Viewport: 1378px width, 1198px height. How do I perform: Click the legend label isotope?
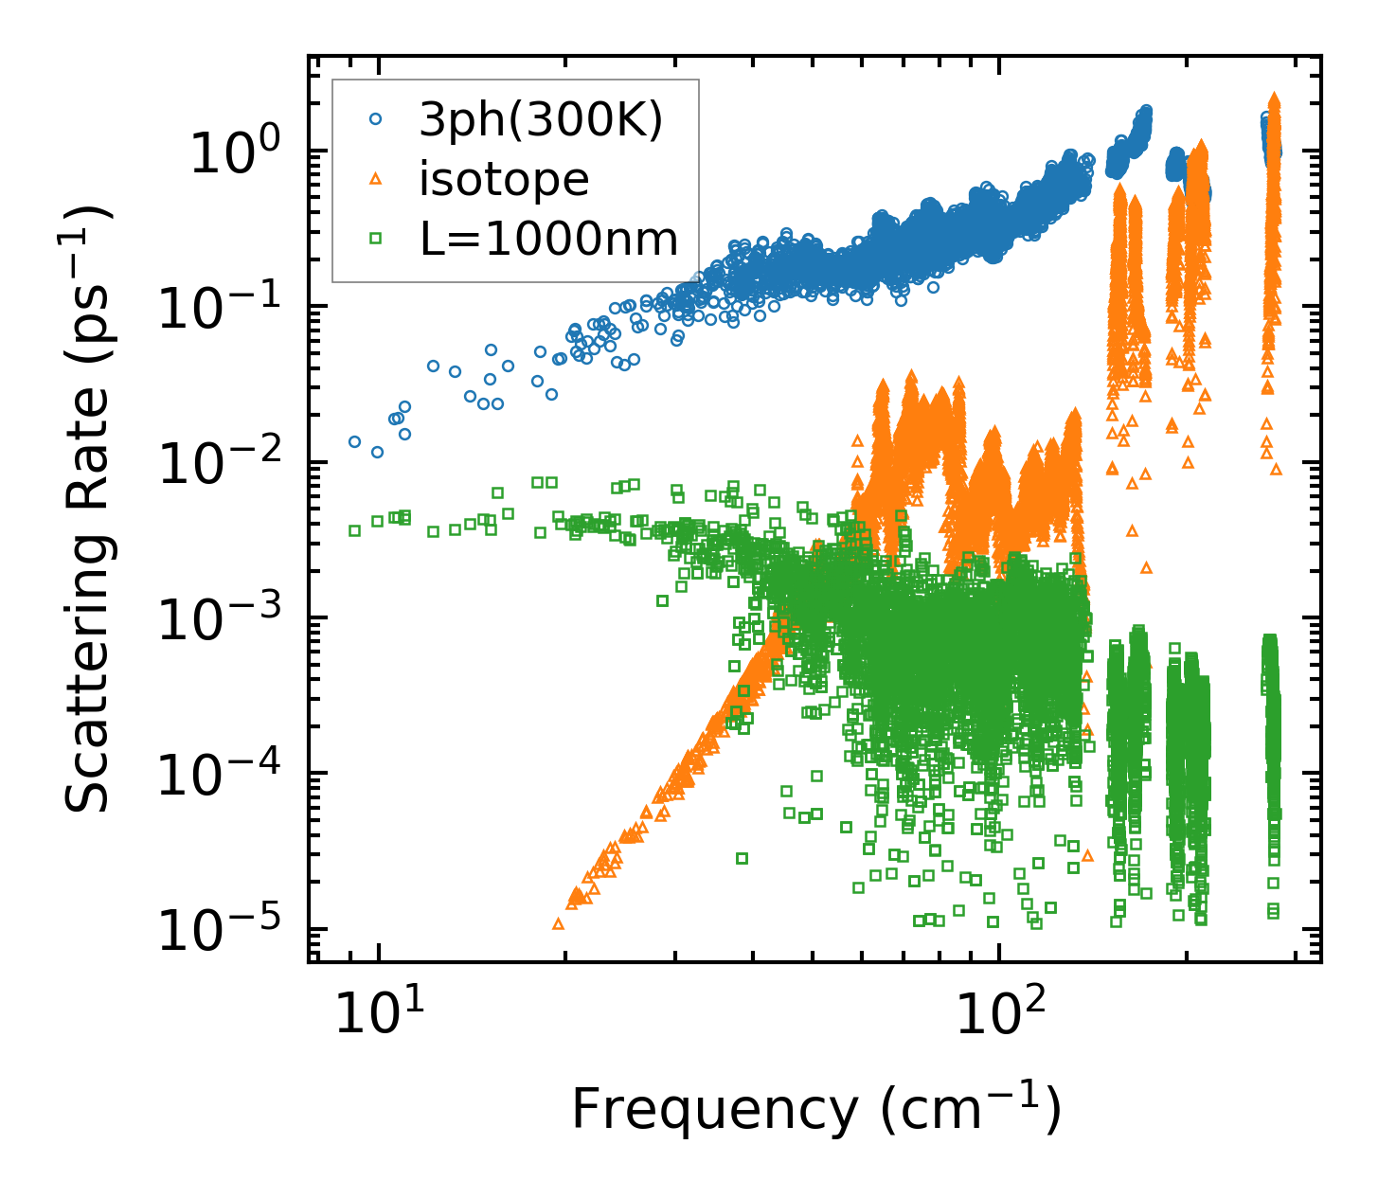click(504, 179)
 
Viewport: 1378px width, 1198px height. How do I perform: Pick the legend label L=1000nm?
click(549, 239)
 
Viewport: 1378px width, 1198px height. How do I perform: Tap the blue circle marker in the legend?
click(376, 119)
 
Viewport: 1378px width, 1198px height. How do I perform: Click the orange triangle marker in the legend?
click(376, 179)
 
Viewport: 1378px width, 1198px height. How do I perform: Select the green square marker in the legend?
click(376, 239)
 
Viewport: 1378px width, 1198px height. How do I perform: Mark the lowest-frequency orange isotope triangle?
click(559, 923)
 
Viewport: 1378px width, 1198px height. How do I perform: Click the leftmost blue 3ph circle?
click(355, 441)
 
